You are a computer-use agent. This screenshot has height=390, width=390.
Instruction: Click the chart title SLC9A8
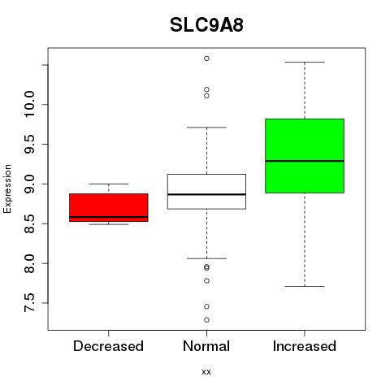pyautogui.click(x=206, y=25)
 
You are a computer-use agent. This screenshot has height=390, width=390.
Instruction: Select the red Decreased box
pyautogui.click(x=109, y=207)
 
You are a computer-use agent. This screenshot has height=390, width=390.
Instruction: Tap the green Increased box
pyautogui.click(x=305, y=156)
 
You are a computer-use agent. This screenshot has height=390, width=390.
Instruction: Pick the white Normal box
pyautogui.click(x=206, y=192)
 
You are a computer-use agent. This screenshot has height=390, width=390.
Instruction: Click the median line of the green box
pyautogui.click(x=305, y=161)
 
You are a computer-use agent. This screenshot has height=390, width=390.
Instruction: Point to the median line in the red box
pyautogui.click(x=109, y=217)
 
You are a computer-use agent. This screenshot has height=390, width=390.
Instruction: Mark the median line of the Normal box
pyautogui.click(x=206, y=194)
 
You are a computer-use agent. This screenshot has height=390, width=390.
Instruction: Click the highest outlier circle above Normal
pyautogui.click(x=206, y=58)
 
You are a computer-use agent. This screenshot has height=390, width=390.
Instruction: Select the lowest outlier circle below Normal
pyautogui.click(x=206, y=320)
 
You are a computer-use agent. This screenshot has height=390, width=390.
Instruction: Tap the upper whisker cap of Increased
pyautogui.click(x=305, y=62)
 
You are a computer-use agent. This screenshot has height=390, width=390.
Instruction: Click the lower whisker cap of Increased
pyautogui.click(x=305, y=286)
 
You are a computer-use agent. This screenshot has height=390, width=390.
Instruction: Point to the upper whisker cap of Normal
pyautogui.click(x=206, y=127)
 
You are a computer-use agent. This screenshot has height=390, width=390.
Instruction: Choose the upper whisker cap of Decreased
pyautogui.click(x=109, y=184)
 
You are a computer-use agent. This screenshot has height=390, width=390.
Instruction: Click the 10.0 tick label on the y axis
pyautogui.click(x=29, y=104)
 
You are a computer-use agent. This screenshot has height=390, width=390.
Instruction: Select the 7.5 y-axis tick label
pyautogui.click(x=29, y=303)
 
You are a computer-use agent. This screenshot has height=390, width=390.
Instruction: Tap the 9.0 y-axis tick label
pyautogui.click(x=29, y=184)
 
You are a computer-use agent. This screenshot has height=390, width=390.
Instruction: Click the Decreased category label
pyautogui.click(x=108, y=346)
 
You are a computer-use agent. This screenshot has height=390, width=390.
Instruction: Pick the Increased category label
pyautogui.click(x=305, y=346)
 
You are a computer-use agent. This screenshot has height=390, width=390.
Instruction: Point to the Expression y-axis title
pyautogui.click(x=7, y=188)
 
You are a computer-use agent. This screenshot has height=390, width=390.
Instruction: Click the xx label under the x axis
pyautogui.click(x=206, y=372)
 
